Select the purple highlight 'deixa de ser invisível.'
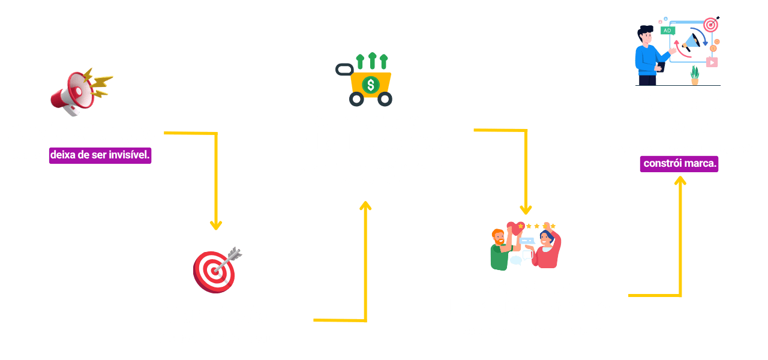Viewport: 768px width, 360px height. click(x=100, y=155)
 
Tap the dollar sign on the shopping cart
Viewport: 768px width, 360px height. click(x=371, y=85)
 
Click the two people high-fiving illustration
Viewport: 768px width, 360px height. click(x=526, y=247)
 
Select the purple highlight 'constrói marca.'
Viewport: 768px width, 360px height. click(x=679, y=163)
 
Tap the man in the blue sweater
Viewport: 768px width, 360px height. click(x=648, y=54)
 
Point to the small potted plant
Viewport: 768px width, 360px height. click(x=695, y=76)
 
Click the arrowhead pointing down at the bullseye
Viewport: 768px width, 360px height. click(x=216, y=225)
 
